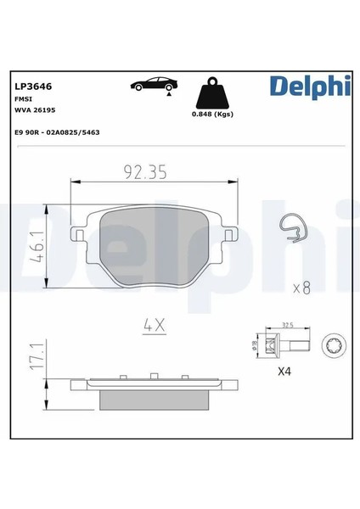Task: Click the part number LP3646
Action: pos(33,87)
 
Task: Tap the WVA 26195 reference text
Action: pos(35,110)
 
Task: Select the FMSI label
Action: pos(24,99)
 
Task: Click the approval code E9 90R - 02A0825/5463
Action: pos(57,132)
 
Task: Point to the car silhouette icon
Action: pos(154,84)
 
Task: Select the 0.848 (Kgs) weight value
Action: pos(212,114)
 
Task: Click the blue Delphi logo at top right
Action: pos(310,86)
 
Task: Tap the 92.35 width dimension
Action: pos(145,172)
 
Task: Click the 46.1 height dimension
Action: pos(37,247)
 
